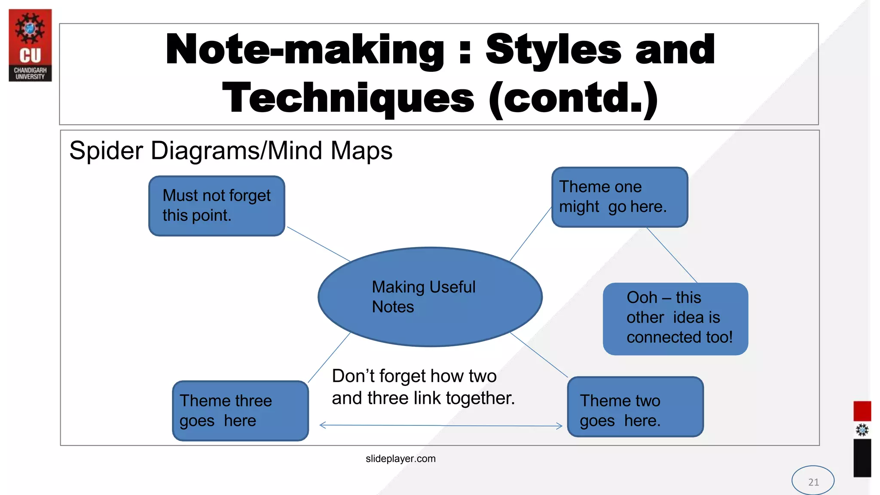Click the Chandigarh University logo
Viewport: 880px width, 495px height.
[30, 45]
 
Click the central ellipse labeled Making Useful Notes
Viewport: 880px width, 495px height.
[430, 297]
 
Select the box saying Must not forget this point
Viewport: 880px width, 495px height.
[217, 206]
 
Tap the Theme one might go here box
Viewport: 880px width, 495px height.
[619, 197]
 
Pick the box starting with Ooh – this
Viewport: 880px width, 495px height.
[675, 318]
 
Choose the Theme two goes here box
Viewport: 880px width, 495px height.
[635, 407]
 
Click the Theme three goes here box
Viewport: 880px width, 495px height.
[240, 410]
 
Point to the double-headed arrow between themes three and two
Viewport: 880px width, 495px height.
[440, 425]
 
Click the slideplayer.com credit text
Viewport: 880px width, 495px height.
[400, 458]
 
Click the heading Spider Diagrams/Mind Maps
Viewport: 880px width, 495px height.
[231, 151]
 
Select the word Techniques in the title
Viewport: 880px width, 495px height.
[348, 98]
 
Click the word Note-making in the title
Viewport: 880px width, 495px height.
[304, 50]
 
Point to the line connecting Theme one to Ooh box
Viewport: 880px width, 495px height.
[672, 255]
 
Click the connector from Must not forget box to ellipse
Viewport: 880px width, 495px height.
[318, 244]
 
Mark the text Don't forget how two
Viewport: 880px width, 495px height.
[414, 376]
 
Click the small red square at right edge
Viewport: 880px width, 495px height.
[862, 411]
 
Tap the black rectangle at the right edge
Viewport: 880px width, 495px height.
[862, 458]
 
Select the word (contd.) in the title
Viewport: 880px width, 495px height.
[574, 98]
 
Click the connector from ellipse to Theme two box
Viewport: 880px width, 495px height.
[539, 355]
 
